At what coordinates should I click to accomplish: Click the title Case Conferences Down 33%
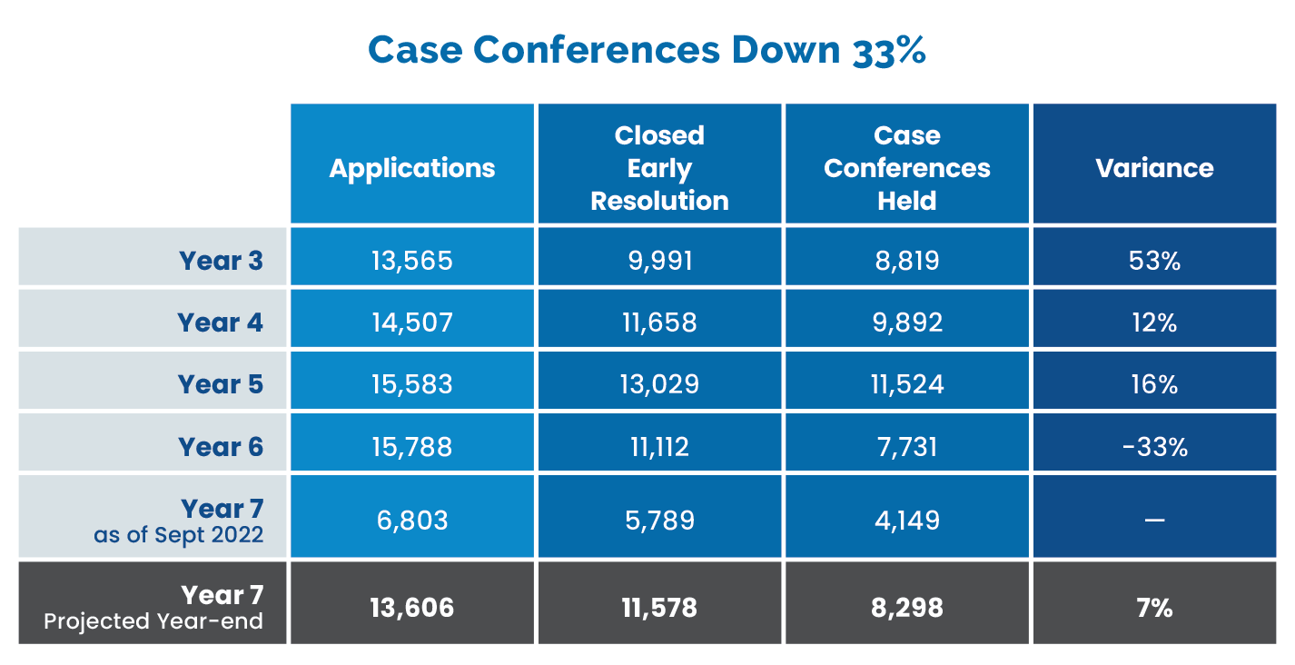pyautogui.click(x=647, y=51)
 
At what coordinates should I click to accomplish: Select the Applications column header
pyautogui.click(x=412, y=168)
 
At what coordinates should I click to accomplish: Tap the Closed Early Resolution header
pyautogui.click(x=659, y=168)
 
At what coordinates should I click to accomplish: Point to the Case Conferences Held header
pyautogui.click(x=907, y=168)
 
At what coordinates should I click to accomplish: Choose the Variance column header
pyautogui.click(x=1154, y=168)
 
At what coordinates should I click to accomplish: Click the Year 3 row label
pyautogui.click(x=221, y=261)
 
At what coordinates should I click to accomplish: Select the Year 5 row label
pyautogui.click(x=221, y=384)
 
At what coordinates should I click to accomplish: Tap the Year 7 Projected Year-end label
pyautogui.click(x=153, y=607)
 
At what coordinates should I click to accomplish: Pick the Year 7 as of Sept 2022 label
pyautogui.click(x=179, y=521)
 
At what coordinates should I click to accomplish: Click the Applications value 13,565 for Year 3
pyautogui.click(x=412, y=261)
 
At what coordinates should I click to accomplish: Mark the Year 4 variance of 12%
pyautogui.click(x=1154, y=323)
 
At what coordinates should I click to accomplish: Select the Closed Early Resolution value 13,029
pyautogui.click(x=659, y=384)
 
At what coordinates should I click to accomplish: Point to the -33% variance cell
pyautogui.click(x=1154, y=447)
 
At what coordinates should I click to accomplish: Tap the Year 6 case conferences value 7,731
pyautogui.click(x=907, y=447)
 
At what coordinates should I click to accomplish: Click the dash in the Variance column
pyautogui.click(x=1154, y=520)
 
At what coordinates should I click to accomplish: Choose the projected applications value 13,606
pyautogui.click(x=412, y=608)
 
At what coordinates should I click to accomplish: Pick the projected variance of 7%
pyautogui.click(x=1154, y=608)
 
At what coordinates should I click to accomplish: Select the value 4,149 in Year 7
pyautogui.click(x=907, y=521)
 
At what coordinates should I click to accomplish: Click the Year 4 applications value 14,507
pyautogui.click(x=412, y=323)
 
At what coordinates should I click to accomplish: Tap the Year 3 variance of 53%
pyautogui.click(x=1154, y=261)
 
